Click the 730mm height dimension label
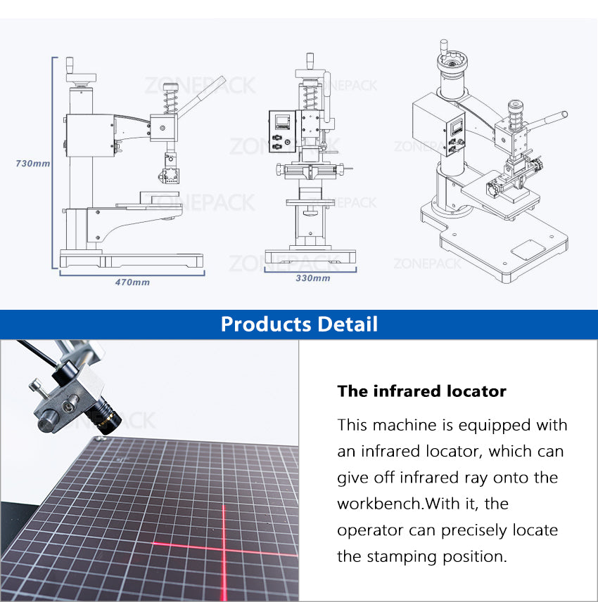[33, 163]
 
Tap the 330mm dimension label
[312, 278]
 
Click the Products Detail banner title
[299, 324]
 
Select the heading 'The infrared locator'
[421, 391]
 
